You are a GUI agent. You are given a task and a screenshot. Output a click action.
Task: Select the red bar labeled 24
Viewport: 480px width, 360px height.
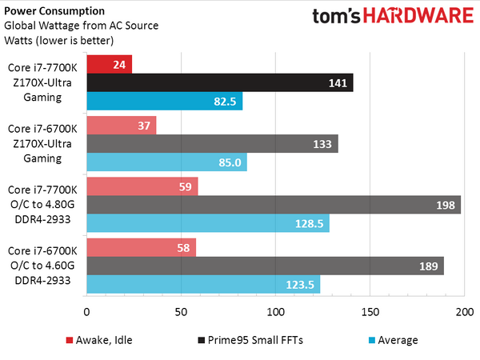109,64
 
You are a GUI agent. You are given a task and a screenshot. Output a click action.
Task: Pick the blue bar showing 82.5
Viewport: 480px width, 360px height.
164,102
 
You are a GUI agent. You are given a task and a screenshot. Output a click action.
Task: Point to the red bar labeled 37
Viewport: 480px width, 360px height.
121,125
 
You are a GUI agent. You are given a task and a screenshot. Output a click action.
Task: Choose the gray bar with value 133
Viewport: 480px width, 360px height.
212,143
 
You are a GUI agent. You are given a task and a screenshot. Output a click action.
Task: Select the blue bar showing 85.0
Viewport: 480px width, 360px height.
166,162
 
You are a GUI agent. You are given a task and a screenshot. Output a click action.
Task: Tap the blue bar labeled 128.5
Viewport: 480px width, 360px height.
207,223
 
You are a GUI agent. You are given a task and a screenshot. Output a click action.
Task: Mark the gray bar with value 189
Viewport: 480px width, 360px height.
265,266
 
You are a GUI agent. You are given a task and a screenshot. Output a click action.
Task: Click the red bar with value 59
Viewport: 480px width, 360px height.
142,186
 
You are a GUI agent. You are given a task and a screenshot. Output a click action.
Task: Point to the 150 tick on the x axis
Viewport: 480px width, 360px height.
370,311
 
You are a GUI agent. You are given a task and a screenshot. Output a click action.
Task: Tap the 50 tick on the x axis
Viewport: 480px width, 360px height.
181,311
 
